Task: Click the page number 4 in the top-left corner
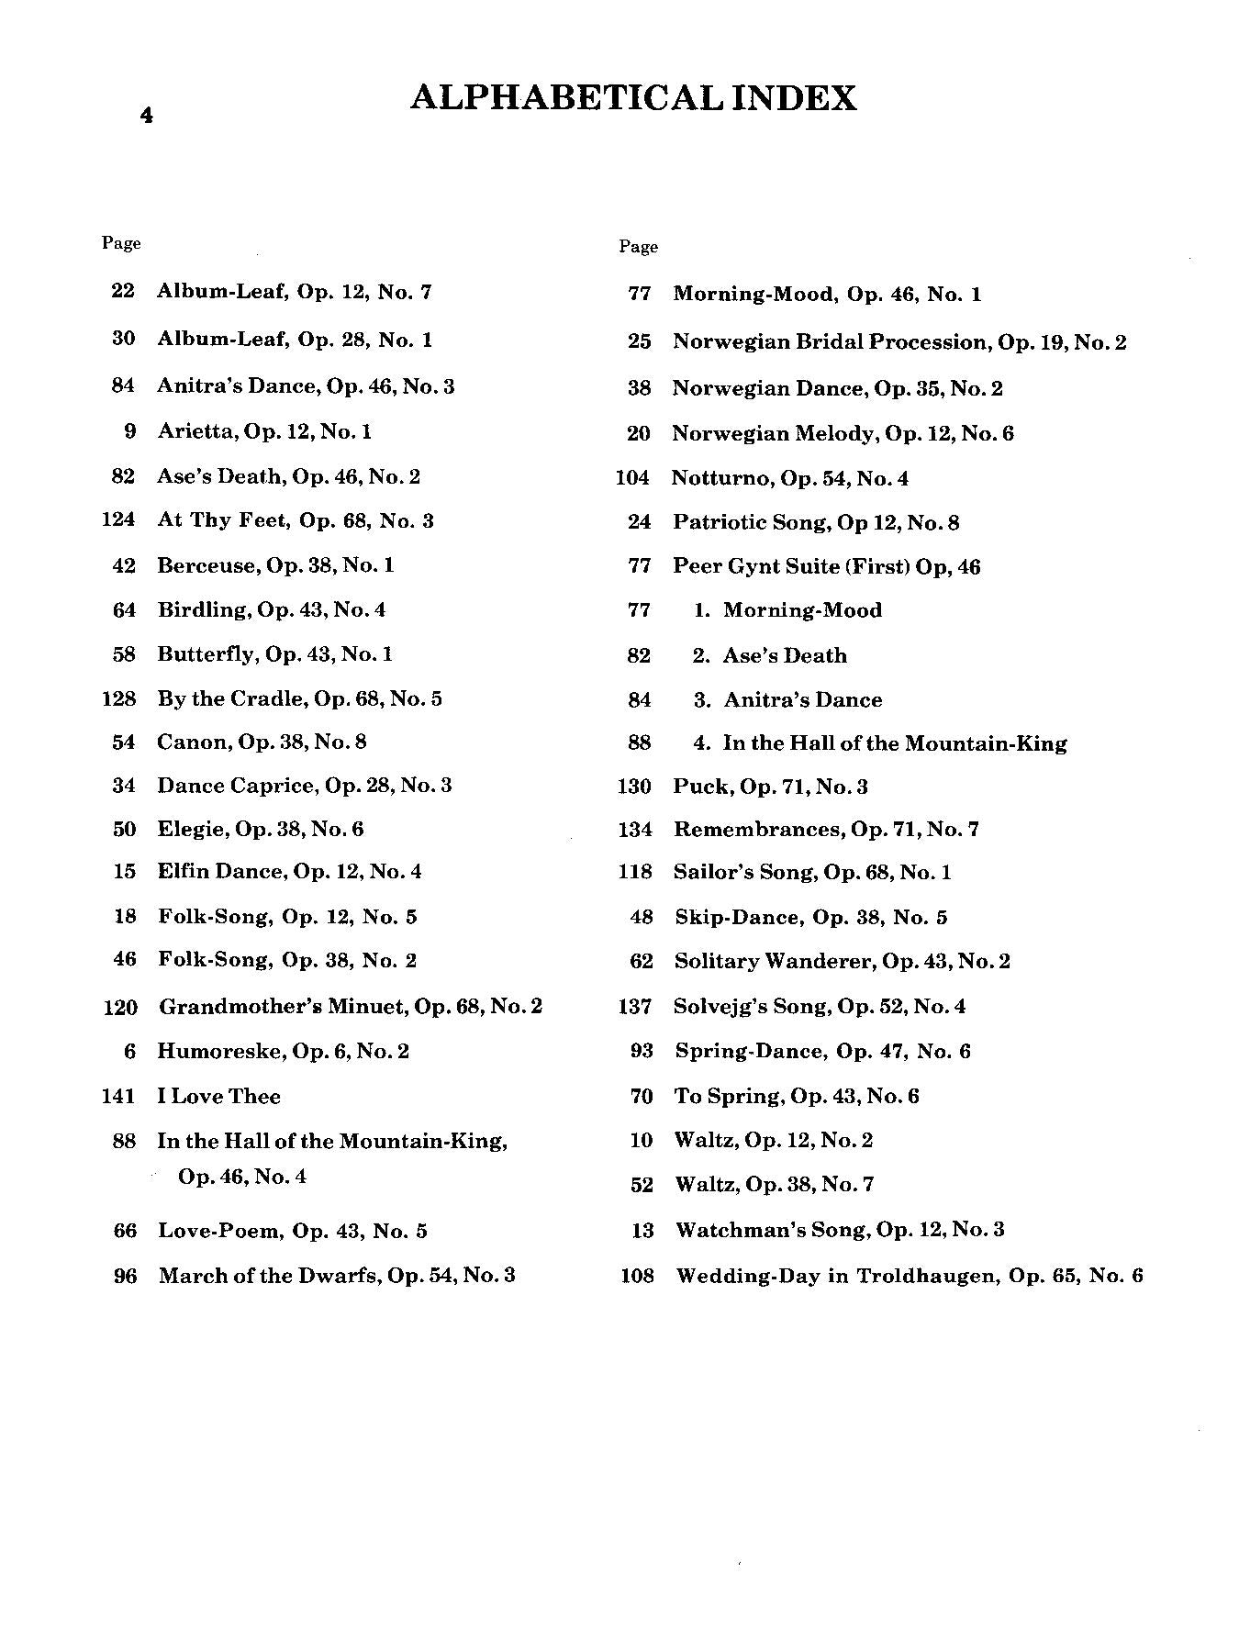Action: [146, 116]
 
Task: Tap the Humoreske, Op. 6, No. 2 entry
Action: [283, 1051]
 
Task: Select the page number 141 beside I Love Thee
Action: [118, 1096]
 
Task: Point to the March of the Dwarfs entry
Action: [336, 1275]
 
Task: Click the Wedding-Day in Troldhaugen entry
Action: [909, 1276]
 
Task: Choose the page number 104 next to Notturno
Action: [632, 478]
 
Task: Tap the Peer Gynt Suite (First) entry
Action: [826, 566]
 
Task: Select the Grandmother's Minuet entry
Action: [351, 1007]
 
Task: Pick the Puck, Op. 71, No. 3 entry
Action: [770, 787]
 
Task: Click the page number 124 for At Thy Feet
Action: [118, 520]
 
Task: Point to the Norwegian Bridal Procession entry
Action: [899, 342]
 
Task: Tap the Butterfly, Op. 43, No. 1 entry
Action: [274, 654]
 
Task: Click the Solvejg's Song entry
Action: [820, 1007]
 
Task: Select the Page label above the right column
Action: [638, 247]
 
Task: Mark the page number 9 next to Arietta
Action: [129, 431]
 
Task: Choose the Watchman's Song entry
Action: [839, 1230]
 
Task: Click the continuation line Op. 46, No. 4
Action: [241, 1177]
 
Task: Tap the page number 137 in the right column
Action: [635, 1007]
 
